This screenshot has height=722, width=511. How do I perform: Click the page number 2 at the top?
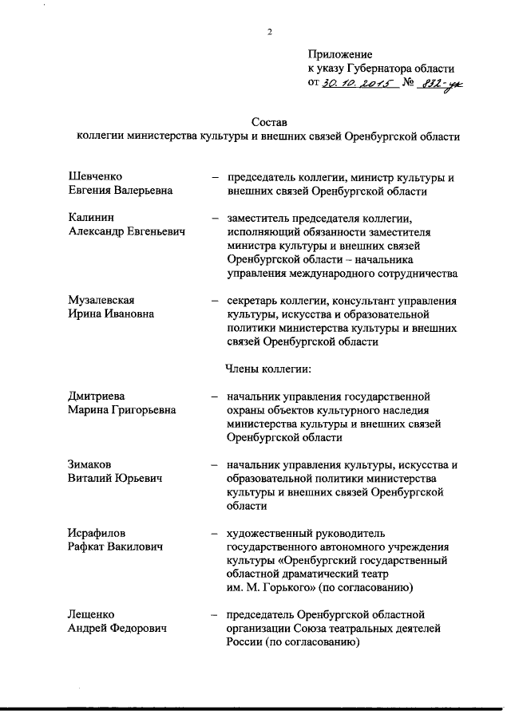pos(269,32)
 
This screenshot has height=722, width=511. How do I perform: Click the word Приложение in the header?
pos(339,53)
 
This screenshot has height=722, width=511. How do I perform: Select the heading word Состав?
pos(268,122)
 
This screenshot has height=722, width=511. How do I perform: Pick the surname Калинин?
pos(90,217)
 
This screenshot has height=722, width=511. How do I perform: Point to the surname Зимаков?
pos(90,464)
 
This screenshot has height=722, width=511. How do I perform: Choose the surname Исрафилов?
pos(98,532)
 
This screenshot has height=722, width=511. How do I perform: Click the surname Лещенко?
pos(92,614)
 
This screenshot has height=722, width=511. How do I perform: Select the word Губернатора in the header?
pos(386,68)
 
